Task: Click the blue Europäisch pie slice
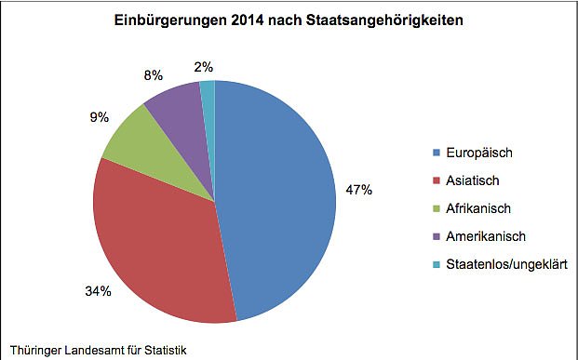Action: click(x=279, y=195)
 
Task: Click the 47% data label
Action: click(x=359, y=190)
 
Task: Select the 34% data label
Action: click(x=99, y=292)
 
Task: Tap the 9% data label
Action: click(x=100, y=118)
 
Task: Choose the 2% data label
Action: click(x=204, y=66)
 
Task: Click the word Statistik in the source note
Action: click(x=164, y=351)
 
